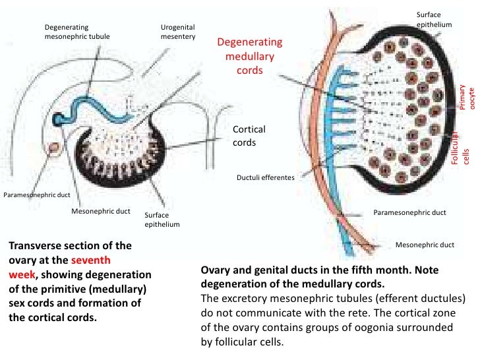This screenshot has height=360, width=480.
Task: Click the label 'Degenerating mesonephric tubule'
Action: (76, 32)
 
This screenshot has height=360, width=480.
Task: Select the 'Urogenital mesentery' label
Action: (178, 32)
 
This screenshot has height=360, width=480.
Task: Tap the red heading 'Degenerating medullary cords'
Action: (249, 56)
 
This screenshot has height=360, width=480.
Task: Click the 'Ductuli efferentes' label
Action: (265, 177)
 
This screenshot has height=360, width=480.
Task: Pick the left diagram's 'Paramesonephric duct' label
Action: (37, 195)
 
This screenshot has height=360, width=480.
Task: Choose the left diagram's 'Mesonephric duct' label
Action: (100, 212)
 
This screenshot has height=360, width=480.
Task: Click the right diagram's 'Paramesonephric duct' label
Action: (409, 213)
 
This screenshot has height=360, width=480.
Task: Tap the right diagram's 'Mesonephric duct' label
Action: (425, 245)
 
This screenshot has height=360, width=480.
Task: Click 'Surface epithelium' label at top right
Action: (434, 19)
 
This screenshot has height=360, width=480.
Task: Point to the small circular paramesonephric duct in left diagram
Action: (51, 147)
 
